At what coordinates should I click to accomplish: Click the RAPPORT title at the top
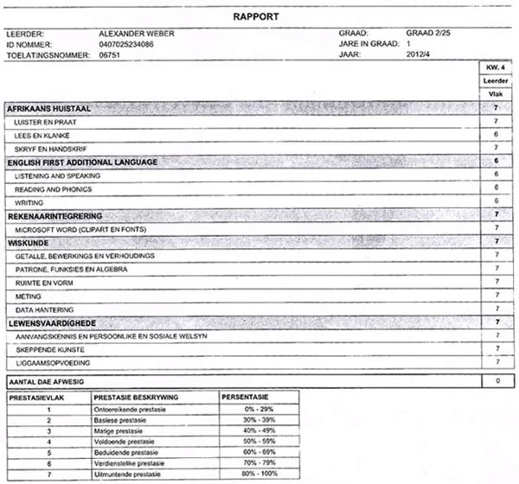click(x=259, y=16)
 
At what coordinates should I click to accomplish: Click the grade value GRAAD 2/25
click(x=428, y=33)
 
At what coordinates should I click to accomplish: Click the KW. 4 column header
click(x=496, y=67)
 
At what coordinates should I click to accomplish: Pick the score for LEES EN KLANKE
click(x=496, y=136)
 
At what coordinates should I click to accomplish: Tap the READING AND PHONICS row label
click(x=53, y=188)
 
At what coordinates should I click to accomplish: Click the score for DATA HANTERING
click(x=496, y=309)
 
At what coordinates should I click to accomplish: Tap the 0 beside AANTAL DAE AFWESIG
click(x=496, y=380)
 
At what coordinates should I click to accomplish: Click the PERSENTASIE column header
click(x=245, y=397)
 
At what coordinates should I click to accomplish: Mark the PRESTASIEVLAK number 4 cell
click(x=49, y=441)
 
